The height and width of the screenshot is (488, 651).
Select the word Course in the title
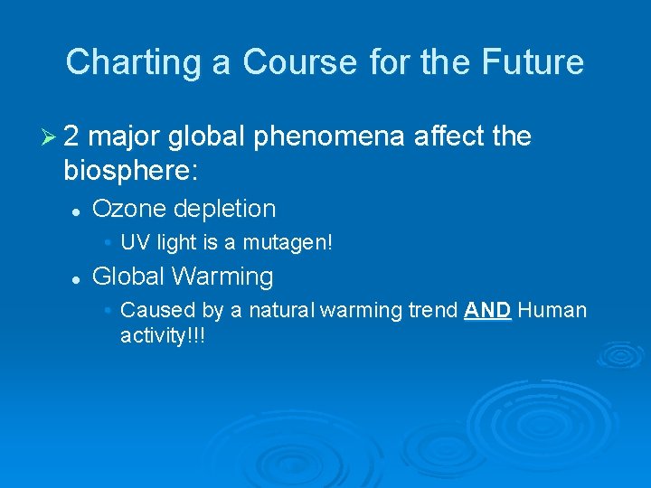[x=285, y=62]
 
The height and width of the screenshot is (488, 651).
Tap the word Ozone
[x=129, y=209]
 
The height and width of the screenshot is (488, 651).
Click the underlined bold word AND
[x=487, y=311]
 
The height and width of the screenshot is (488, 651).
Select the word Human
[x=552, y=311]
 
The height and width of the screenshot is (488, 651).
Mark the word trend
[x=431, y=311]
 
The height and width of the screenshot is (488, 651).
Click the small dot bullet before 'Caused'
[x=108, y=311]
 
